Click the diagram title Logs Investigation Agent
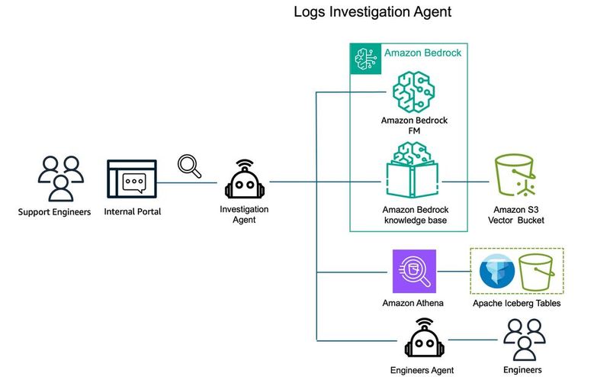tap(373, 13)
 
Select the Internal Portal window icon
tap(132, 181)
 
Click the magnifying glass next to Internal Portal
tap(188, 166)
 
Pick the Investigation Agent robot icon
tap(243, 181)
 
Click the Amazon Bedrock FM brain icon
tap(413, 90)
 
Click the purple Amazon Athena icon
tap(413, 272)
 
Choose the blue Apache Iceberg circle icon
tap(496, 272)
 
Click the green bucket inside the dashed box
tap(539, 272)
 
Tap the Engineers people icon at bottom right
tap(522, 338)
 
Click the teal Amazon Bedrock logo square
tap(364, 58)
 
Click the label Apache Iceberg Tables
tap(516, 303)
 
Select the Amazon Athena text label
tap(413, 303)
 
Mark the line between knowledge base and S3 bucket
tap(466, 182)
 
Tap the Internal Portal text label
tap(132, 211)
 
